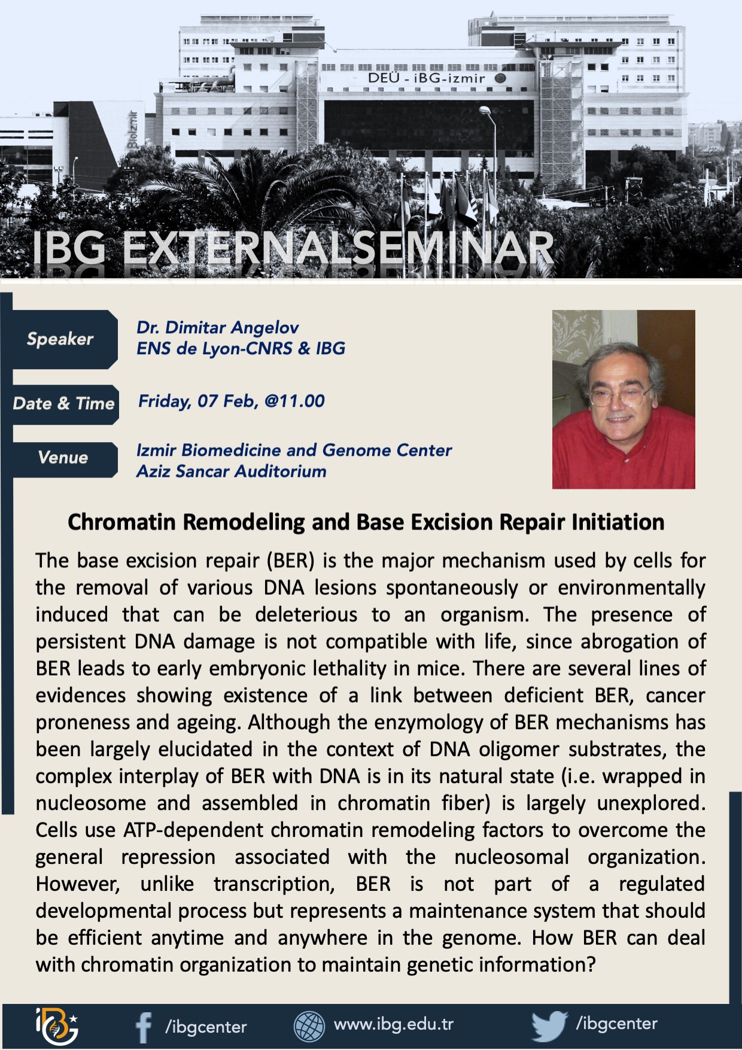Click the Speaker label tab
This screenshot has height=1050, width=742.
pos(60,339)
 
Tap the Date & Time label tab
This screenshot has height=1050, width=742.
pos(63,404)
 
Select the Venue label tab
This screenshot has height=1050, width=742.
pos(63,458)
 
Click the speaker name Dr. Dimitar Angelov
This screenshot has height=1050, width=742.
pos(218,327)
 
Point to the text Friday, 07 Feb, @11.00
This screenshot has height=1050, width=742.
pos(232,401)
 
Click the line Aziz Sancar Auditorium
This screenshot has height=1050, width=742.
pos(232,471)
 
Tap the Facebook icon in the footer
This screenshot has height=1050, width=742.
pos(144,1027)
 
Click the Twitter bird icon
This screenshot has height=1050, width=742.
pos(549,1025)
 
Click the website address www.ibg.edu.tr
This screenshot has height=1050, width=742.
pos(394,1024)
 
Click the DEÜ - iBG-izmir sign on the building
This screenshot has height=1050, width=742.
pos(427,78)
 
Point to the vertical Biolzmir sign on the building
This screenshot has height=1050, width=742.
pos(133,129)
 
